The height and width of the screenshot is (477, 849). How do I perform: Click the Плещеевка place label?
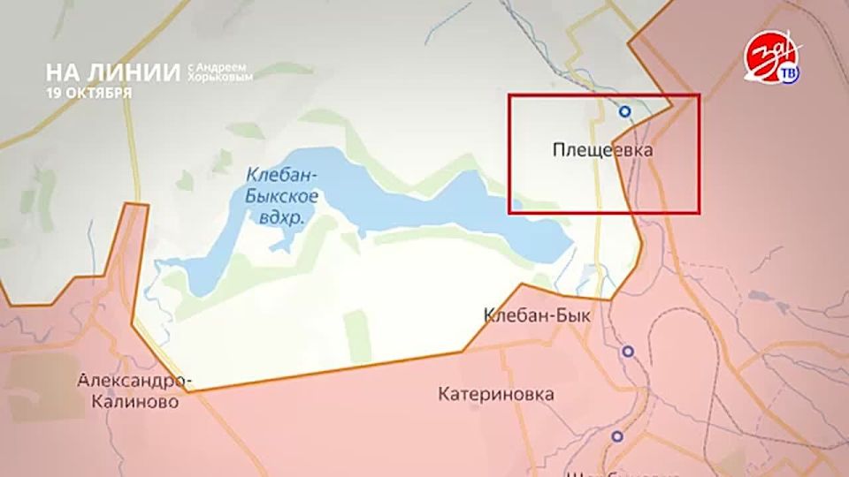tap(602, 151)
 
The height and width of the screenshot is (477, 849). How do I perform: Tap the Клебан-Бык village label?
tap(537, 314)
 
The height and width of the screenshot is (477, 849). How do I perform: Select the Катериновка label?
tap(496, 394)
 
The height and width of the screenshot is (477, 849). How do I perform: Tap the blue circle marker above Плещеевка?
tap(624, 111)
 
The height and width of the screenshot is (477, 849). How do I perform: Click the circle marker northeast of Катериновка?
tap(627, 352)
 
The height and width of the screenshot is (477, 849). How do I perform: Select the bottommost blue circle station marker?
tap(616, 436)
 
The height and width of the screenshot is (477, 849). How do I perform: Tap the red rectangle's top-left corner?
tap(509, 95)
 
